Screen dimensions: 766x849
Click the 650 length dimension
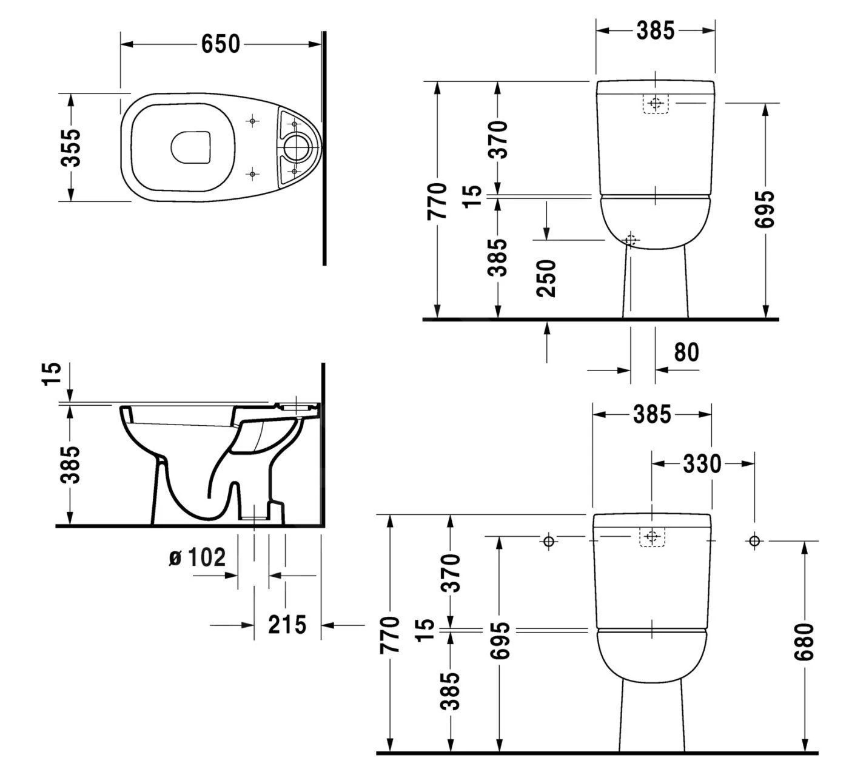[x=221, y=44]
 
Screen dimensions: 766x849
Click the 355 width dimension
[x=72, y=147]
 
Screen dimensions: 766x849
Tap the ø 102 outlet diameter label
[x=196, y=557]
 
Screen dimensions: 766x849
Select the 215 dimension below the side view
[x=287, y=624]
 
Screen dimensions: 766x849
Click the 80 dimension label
[x=686, y=352]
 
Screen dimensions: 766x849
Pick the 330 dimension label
[x=702, y=464]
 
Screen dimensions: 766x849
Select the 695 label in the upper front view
[x=766, y=209]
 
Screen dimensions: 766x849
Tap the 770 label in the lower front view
[x=390, y=634]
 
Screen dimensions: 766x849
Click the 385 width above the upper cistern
[x=655, y=30]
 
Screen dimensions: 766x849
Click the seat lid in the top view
[x=192, y=147]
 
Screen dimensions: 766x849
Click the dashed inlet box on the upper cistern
[x=654, y=104]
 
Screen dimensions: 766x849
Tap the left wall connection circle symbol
[x=549, y=541]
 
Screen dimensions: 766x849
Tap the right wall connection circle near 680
[x=754, y=541]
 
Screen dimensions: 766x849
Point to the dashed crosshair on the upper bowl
[x=631, y=240]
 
